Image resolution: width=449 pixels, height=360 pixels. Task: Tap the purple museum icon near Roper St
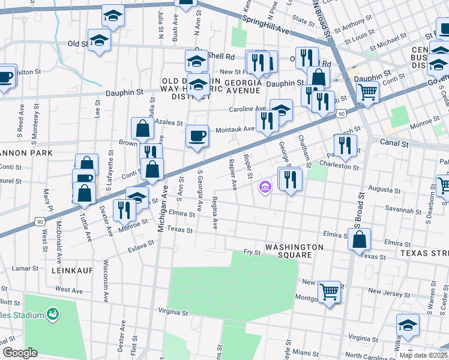[x=264, y=188]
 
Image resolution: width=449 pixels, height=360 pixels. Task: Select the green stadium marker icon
[x=53, y=314]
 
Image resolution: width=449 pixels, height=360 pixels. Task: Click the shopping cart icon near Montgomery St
[x=329, y=292]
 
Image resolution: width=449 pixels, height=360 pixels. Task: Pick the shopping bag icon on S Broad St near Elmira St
[x=359, y=240]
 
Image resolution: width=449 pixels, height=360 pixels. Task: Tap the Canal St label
[x=394, y=143]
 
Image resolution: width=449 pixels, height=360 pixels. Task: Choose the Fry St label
[x=252, y=253]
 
